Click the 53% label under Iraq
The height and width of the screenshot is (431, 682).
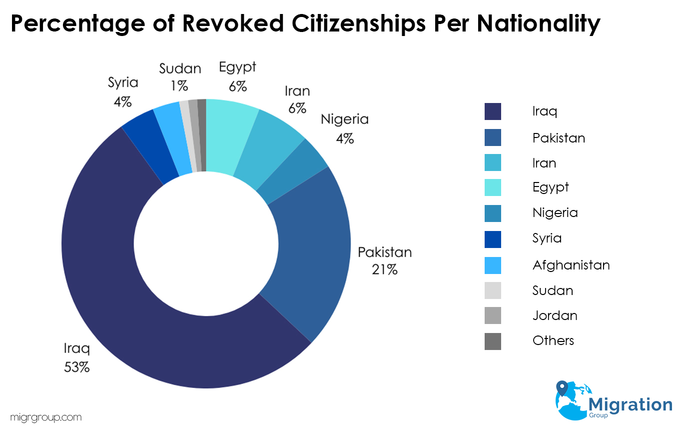click(76, 367)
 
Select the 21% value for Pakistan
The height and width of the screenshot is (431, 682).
click(384, 270)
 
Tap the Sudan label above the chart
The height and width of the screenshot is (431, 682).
click(180, 69)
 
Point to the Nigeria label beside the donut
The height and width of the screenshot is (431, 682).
click(344, 119)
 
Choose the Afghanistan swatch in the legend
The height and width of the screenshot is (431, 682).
click(493, 265)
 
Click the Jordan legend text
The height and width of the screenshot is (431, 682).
click(555, 315)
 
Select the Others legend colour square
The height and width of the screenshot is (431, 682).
click(493, 341)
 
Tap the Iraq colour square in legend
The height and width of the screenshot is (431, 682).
click(493, 111)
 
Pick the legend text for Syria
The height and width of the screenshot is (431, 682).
click(547, 238)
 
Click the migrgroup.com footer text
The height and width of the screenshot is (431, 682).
click(45, 417)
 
